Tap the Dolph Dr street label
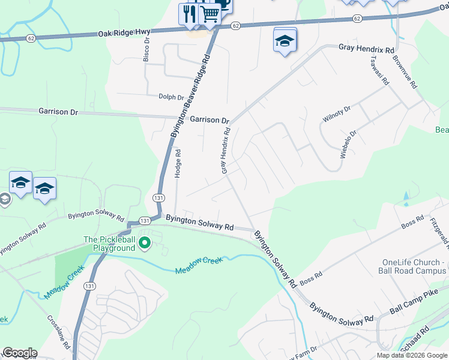point(171,97)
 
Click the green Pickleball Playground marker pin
point(144,243)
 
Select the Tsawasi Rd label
point(380,71)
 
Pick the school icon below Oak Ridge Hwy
point(285,41)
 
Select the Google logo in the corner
point(20,353)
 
